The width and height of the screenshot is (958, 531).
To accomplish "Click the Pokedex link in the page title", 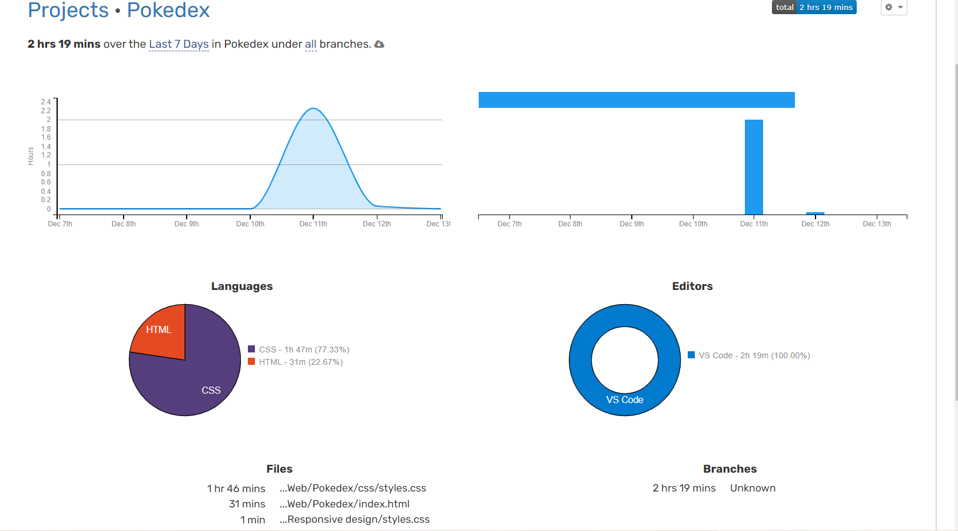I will [x=168, y=10].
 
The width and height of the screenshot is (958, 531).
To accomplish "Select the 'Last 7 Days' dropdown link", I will [x=178, y=44].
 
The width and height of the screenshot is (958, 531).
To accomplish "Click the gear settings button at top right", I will [x=893, y=7].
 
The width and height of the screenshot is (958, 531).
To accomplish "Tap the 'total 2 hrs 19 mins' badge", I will [x=814, y=7].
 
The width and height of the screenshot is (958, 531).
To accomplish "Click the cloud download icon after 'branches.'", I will [x=379, y=44].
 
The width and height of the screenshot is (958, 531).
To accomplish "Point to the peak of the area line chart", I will [x=313, y=108].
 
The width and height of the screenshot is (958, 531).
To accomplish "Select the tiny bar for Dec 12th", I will [x=815, y=213].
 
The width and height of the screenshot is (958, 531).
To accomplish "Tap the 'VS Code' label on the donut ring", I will [x=625, y=400].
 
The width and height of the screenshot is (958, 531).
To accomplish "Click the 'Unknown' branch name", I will [x=753, y=488].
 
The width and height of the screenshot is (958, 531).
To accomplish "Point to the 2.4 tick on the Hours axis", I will [x=46, y=102].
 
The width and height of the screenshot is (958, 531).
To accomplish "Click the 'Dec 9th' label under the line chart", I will [x=187, y=224].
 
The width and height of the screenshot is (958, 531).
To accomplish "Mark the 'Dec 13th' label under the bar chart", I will [x=877, y=224].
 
